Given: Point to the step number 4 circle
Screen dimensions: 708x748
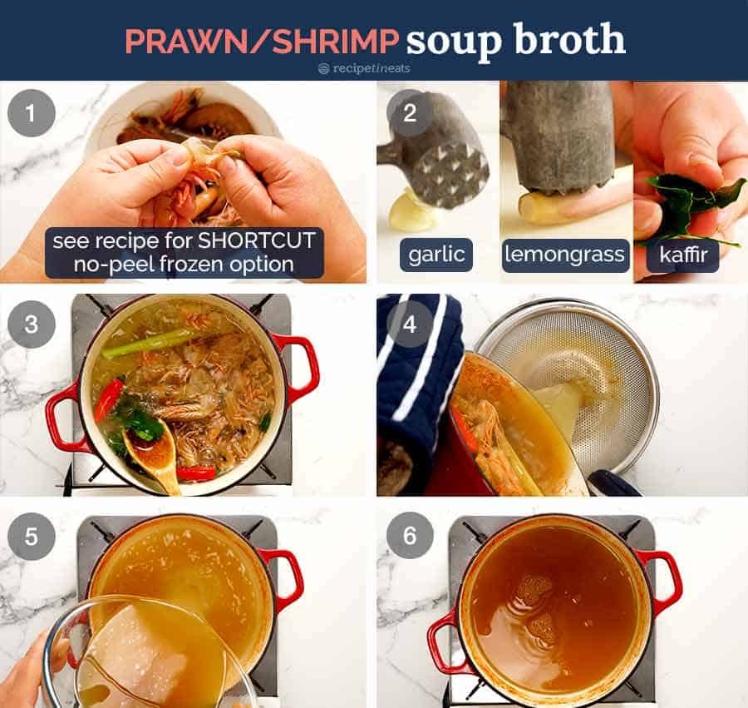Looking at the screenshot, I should [410, 324].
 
